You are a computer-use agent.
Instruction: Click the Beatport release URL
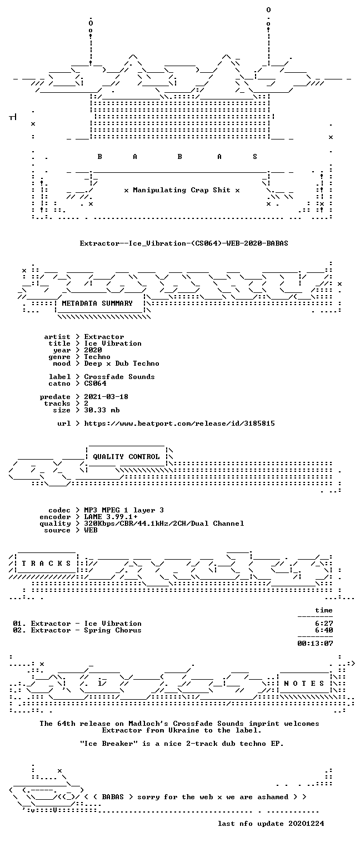click(179, 423)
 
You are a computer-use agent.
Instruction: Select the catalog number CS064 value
click(96, 383)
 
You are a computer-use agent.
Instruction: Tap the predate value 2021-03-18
click(106, 397)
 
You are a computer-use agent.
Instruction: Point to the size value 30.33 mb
click(102, 410)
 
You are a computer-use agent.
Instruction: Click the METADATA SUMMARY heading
click(97, 303)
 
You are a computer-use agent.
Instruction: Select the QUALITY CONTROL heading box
click(126, 457)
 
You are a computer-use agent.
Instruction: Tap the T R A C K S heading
click(46, 564)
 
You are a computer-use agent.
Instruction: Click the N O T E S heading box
click(304, 683)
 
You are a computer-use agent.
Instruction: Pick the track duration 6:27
click(324, 624)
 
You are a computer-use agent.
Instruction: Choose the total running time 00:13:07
click(315, 643)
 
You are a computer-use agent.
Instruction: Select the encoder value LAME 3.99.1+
click(111, 517)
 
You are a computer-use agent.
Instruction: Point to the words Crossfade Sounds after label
click(119, 377)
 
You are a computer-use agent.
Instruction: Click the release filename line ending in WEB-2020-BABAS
click(184, 243)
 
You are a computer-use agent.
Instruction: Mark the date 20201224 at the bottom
click(306, 824)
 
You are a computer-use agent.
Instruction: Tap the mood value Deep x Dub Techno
click(122, 364)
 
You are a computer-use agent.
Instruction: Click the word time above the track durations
click(324, 610)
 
